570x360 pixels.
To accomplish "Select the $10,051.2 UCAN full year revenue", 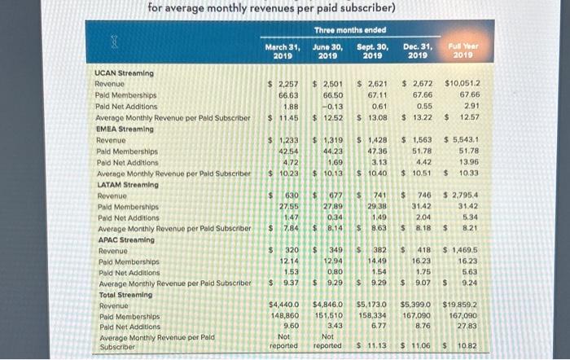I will pos(463,83).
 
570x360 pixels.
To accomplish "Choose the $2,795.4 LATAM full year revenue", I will pos(463,195).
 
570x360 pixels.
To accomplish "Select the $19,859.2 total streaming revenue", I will pos(462,304).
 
